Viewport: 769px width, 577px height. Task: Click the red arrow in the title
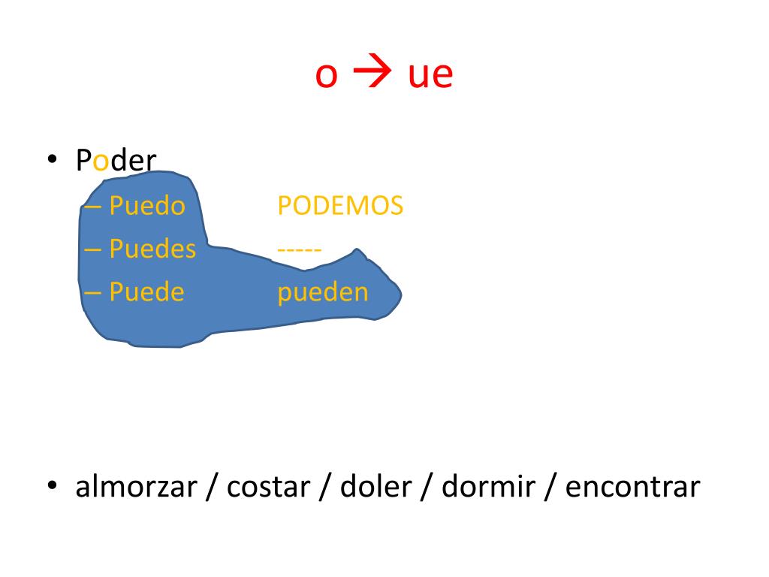point(368,74)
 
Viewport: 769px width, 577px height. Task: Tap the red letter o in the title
point(326,77)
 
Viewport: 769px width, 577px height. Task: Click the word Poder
point(116,161)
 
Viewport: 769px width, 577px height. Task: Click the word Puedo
point(147,206)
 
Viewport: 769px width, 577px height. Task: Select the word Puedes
point(152,249)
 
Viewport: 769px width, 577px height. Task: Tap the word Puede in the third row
point(146,292)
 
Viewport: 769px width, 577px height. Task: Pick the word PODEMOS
point(340,206)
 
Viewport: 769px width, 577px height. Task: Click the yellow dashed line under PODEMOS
point(300,249)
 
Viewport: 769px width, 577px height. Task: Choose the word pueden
point(323,292)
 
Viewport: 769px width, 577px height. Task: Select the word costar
point(268,488)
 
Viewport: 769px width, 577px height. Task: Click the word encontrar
point(632,488)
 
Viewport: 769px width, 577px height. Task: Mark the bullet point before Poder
point(52,160)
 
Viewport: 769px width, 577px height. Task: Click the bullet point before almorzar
point(52,486)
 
